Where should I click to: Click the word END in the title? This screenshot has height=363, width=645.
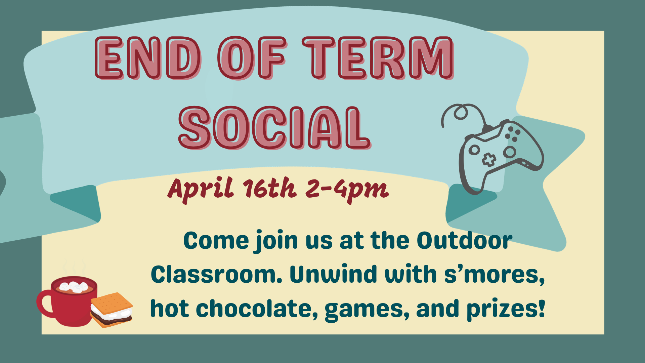click(148, 58)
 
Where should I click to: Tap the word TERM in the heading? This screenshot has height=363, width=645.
click(378, 58)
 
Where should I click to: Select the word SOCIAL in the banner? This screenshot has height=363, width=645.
click(275, 128)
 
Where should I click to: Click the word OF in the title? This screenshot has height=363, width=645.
click(252, 58)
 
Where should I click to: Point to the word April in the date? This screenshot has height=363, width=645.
click(201, 189)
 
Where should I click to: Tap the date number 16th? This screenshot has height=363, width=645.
click(270, 188)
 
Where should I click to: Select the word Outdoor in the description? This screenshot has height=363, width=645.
click(465, 241)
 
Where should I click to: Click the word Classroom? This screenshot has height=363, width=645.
click(217, 274)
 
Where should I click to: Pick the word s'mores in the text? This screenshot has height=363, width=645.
click(494, 275)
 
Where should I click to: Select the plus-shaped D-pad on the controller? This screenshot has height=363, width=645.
click(489, 160)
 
